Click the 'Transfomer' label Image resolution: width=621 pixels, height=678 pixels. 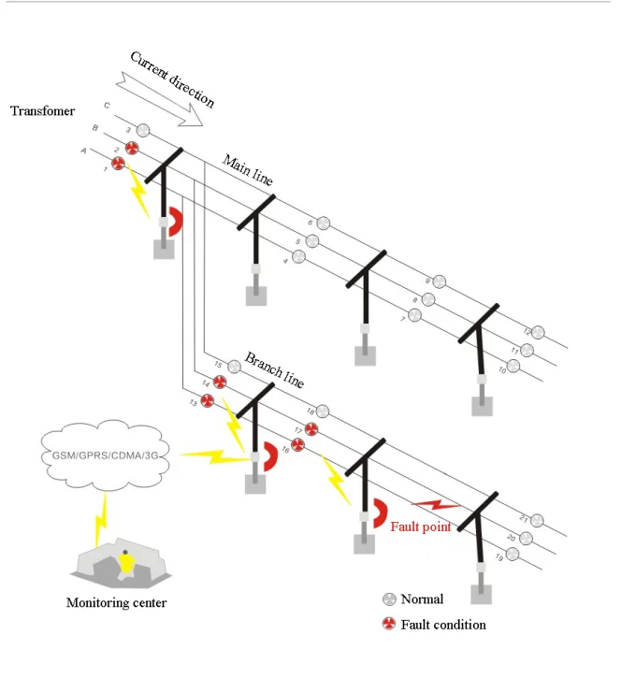click(x=42, y=111)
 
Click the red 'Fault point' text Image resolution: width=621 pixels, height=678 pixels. click(x=421, y=527)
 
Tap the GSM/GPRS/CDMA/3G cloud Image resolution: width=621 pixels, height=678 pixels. click(x=107, y=454)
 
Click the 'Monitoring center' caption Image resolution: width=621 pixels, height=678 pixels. click(x=116, y=603)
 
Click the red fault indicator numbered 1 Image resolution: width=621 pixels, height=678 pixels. click(x=119, y=164)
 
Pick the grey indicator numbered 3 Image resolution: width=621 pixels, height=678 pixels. click(x=143, y=130)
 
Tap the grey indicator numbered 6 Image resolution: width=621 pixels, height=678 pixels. click(x=324, y=223)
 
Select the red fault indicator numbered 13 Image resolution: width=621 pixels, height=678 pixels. click(x=208, y=400)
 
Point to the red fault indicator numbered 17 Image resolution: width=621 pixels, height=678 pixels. click(x=311, y=428)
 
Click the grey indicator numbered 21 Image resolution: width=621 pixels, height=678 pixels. click(x=537, y=520)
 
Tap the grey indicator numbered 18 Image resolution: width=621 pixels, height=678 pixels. click(x=323, y=411)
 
